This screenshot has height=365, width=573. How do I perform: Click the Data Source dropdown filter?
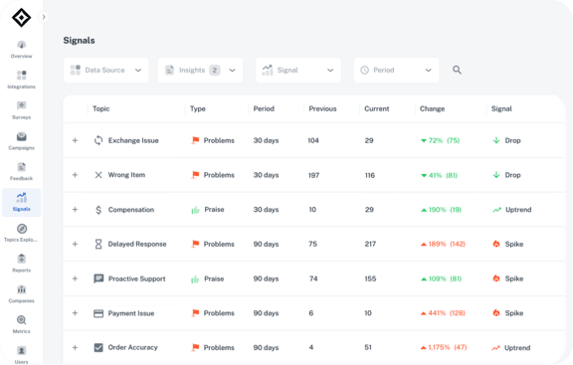click(x=106, y=70)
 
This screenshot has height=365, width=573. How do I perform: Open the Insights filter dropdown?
click(x=200, y=70)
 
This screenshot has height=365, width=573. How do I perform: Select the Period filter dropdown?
click(x=396, y=70)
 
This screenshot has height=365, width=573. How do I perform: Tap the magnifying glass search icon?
click(x=458, y=70)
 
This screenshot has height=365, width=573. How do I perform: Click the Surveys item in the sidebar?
click(x=22, y=109)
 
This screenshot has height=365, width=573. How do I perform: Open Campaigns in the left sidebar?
click(x=22, y=141)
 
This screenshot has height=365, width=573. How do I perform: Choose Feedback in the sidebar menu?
click(x=22, y=172)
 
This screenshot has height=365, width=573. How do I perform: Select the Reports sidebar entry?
click(x=22, y=264)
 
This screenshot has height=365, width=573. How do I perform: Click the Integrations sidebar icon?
click(x=22, y=80)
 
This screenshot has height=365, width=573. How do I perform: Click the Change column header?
click(x=432, y=108)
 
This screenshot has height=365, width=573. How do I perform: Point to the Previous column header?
click(x=322, y=108)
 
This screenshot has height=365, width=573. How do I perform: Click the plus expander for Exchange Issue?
click(x=75, y=140)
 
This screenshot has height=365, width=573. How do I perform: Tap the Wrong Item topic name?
click(x=126, y=175)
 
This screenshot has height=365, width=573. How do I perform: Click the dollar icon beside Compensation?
click(x=98, y=210)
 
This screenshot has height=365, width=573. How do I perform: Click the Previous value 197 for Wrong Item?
click(x=314, y=175)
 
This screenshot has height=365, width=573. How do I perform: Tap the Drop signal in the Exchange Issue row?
click(x=511, y=140)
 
